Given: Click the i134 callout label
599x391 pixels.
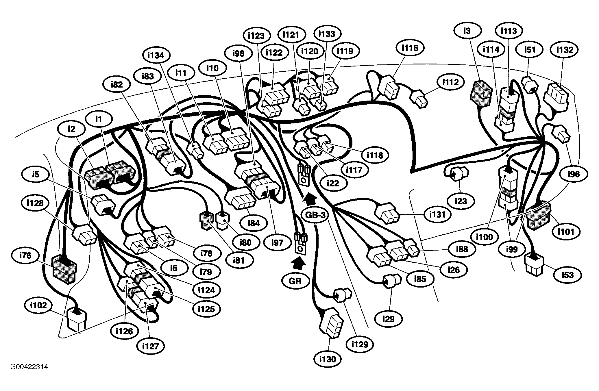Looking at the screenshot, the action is [156, 55].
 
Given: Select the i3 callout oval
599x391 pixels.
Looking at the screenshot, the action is [467, 31].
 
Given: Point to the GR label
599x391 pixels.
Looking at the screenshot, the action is [295, 281].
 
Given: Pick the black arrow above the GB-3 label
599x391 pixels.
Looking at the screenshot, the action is [309, 198].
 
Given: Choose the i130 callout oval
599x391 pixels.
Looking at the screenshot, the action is [328, 359].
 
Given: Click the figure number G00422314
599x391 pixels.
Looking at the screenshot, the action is [29, 367].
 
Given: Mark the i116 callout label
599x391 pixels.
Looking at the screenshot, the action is [410, 48].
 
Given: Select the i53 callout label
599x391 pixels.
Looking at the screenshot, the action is [567, 275].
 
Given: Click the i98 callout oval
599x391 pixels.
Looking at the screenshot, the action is [238, 53].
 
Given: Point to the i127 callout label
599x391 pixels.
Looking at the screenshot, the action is [151, 346].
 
